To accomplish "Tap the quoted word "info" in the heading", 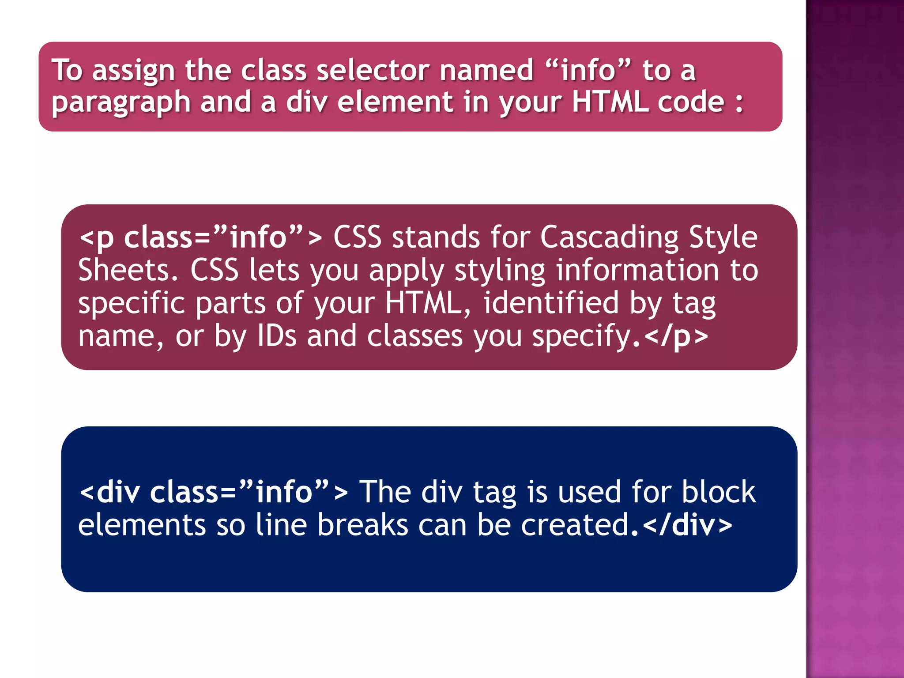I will pos(588,71).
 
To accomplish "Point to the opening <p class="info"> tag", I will pos(200,237).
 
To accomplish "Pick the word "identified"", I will pos(551,303).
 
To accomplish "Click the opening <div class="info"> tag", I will pos(214,492).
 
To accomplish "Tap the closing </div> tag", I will pos(688,525).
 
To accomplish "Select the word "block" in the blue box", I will pos(719,492).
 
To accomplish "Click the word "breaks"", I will pos(363,525).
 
